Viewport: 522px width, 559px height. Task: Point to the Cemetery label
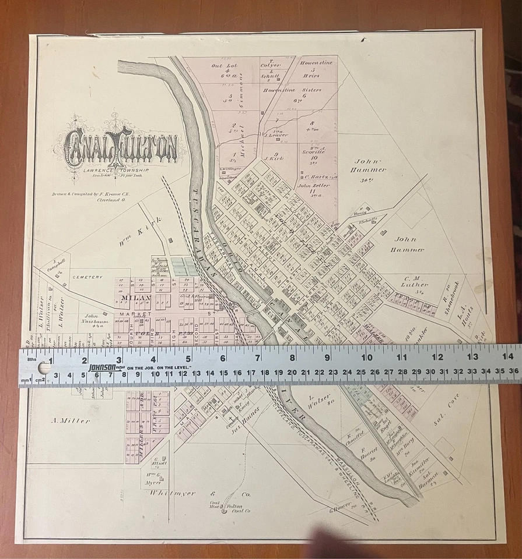[88, 277]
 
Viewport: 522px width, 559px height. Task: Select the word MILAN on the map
[136, 298]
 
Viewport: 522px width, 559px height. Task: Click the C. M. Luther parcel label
[415, 282]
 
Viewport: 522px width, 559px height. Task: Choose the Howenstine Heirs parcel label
[316, 68]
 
